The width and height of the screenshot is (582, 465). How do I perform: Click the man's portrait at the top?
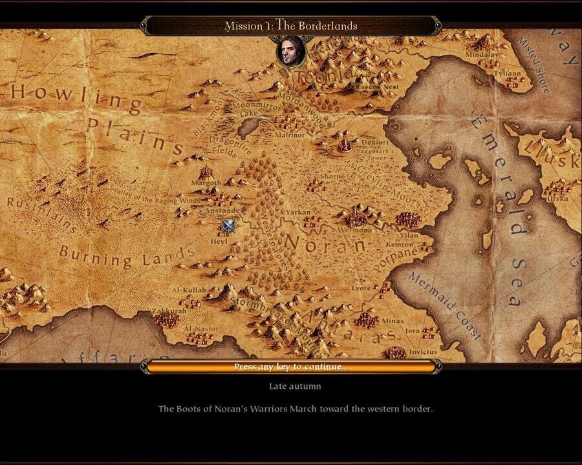[x=290, y=52]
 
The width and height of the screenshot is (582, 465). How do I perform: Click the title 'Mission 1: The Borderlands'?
[x=290, y=26]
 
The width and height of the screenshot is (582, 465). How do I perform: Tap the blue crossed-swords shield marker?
[x=228, y=225]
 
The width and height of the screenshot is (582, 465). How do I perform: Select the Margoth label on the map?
[x=206, y=183]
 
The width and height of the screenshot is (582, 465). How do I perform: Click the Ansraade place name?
[x=222, y=211]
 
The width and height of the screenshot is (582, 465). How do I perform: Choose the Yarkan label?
[x=299, y=211]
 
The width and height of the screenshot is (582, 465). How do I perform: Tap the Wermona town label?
[x=356, y=230]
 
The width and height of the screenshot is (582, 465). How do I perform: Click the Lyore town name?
[x=361, y=288]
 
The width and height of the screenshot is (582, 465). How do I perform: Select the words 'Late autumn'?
[x=295, y=386]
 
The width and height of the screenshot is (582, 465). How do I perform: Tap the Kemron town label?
[x=399, y=245]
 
